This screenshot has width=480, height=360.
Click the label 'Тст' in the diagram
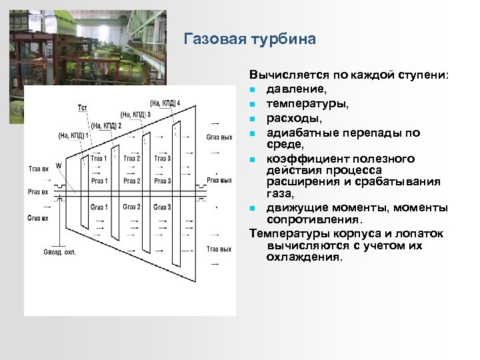pyautogui.click(x=82, y=108)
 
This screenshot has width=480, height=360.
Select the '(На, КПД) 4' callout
pyautogui.click(x=165, y=103)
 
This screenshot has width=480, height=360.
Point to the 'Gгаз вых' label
pyautogui.click(x=219, y=137)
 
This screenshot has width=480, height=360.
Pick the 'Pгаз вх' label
pyautogui.click(x=37, y=192)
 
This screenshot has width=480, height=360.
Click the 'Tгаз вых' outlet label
pyautogui.click(x=219, y=249)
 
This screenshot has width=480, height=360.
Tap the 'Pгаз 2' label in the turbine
pyautogui.click(x=131, y=181)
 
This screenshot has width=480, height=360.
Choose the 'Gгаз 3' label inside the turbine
pyautogui.click(x=162, y=207)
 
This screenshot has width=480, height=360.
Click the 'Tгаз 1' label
pyautogui.click(x=98, y=158)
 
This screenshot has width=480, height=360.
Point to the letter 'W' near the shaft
pyautogui.click(x=59, y=165)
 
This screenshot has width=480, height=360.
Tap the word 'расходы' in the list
pyautogui.click(x=290, y=119)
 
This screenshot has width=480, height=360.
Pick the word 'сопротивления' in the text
pyautogui.click(x=313, y=219)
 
